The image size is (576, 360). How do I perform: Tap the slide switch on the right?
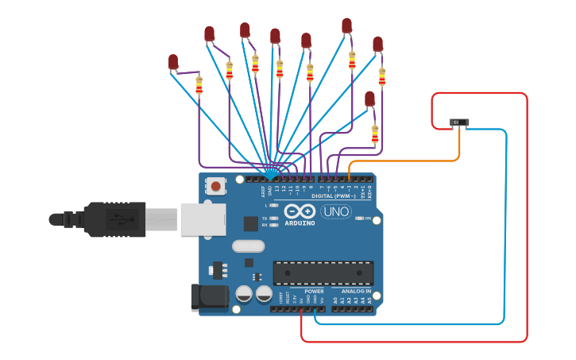[x=459, y=122]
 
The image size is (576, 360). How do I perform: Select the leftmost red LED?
[x=173, y=61]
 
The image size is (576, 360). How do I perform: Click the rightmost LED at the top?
[x=378, y=44]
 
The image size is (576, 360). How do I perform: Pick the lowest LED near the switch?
[x=369, y=99]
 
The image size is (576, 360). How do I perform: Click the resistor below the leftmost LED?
[x=199, y=84]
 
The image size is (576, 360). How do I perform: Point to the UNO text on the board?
[x=335, y=211]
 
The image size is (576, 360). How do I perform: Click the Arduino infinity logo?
[x=300, y=211]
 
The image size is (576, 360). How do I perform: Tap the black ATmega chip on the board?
[x=323, y=273]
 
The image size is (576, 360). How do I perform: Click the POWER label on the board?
[x=314, y=292]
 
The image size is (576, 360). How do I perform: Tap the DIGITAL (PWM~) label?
[x=334, y=195]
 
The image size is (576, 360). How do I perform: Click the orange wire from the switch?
[x=413, y=161]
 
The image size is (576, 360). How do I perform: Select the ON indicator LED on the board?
[x=360, y=218]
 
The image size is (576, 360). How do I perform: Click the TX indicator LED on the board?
[x=273, y=218]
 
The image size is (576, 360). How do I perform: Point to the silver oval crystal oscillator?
[x=248, y=246]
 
